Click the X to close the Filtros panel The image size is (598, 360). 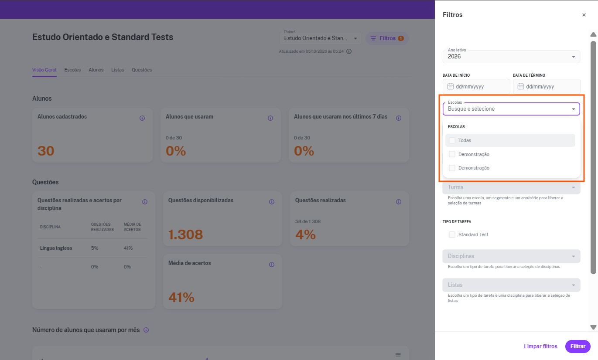coord(584,15)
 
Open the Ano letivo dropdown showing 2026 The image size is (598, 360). coord(511,57)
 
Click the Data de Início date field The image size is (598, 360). coord(476,86)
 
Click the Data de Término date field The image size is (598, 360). coord(547,86)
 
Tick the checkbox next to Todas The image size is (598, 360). coord(452,140)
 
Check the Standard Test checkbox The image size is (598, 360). coord(452,234)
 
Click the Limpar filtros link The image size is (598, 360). coord(540,346)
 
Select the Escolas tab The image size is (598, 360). coord(72,70)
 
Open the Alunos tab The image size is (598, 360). coord(96,70)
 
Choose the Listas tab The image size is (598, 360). coord(117,70)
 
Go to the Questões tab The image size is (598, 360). coord(142,70)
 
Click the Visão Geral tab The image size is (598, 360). coord(44,70)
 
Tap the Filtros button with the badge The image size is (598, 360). coord(387,38)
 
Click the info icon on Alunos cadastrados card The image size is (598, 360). coord(142,118)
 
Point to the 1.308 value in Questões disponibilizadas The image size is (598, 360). coord(185,234)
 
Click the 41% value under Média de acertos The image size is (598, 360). coord(181,297)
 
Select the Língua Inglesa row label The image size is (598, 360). coord(56,248)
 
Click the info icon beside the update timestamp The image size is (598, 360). coord(349,51)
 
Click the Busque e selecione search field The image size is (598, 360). coord(507,109)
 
